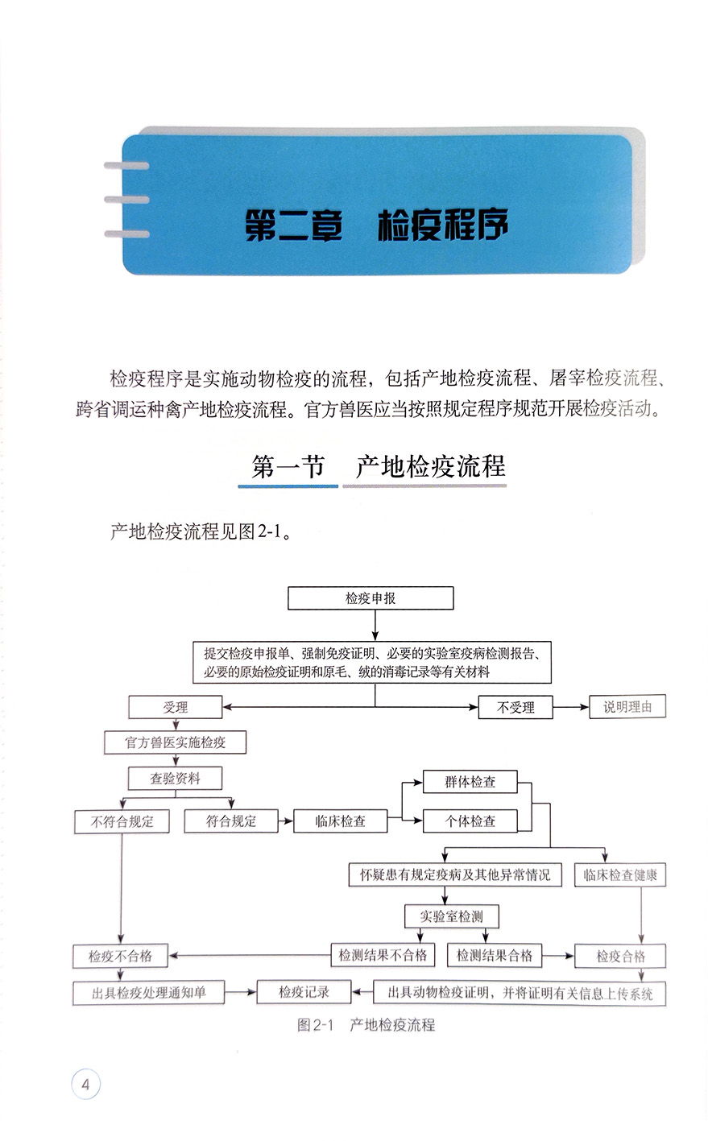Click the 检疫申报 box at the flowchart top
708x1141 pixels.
(371, 598)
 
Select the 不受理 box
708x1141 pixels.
(515, 707)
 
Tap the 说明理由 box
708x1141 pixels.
(627, 707)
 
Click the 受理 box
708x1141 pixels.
(175, 707)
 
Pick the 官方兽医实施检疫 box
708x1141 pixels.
(175, 742)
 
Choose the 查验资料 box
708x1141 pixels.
(175, 778)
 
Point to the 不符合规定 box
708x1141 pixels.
(122, 821)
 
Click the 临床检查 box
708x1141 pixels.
(341, 821)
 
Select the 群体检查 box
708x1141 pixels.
(470, 782)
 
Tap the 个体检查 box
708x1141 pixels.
(470, 821)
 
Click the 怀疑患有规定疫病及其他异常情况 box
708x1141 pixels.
(449, 874)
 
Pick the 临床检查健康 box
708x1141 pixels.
(619, 875)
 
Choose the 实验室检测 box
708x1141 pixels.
(450, 916)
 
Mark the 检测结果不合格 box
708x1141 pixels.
(383, 956)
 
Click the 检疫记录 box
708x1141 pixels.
(304, 992)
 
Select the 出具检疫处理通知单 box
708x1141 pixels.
(149, 993)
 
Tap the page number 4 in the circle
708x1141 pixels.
(85, 1084)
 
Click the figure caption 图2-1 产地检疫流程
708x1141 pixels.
(366, 1025)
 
